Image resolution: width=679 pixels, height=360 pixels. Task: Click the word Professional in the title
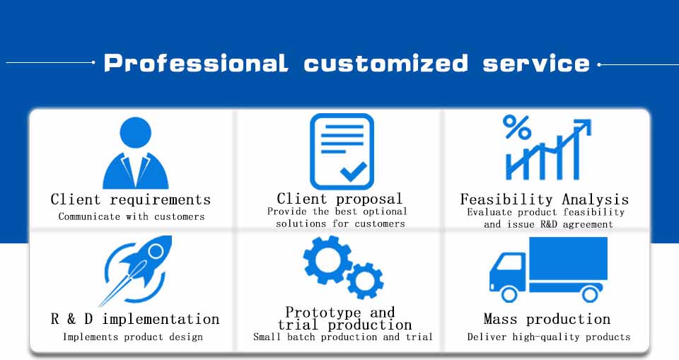pos(196,63)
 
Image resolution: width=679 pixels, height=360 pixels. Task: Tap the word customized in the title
pos(386,63)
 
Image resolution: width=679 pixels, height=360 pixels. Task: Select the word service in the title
pos(536,63)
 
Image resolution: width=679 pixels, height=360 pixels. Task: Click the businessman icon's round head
pos(136,132)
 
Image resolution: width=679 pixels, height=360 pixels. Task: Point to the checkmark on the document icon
pos(354,171)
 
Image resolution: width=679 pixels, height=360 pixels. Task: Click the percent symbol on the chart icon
pos(516,127)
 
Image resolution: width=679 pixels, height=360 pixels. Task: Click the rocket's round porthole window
pos(156,251)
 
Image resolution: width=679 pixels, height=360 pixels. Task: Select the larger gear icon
pos(327,260)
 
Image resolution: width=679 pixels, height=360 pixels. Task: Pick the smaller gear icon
pos(365,281)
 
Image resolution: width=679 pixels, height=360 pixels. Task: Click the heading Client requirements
pos(130,199)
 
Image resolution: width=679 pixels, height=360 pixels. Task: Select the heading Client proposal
pos(340,199)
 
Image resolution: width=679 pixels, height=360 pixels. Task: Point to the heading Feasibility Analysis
pos(545,199)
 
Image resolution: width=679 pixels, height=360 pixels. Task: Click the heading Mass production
pos(547,319)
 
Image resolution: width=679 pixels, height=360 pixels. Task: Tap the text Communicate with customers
pos(132,216)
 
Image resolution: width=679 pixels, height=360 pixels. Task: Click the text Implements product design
pos(132,337)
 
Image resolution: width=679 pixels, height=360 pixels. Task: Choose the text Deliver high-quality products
pos(549,337)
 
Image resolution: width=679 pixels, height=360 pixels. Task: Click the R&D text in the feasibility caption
pos(549,224)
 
